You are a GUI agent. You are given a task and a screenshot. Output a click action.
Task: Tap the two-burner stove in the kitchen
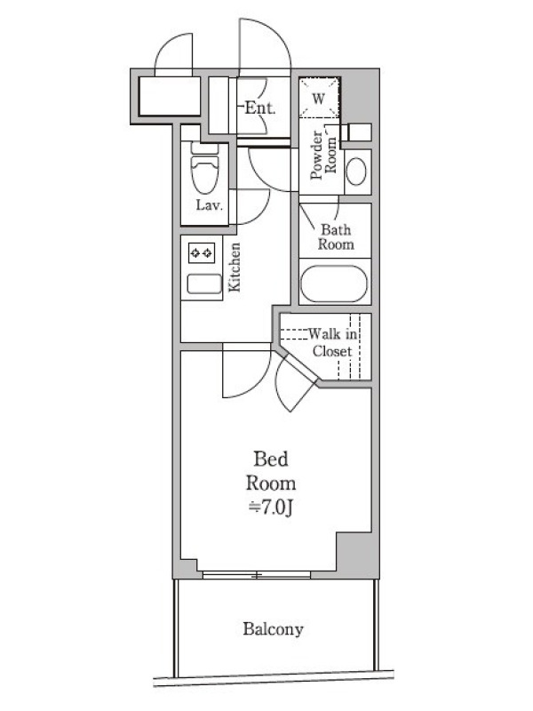(202, 253)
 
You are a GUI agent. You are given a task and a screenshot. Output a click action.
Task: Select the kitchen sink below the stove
(204, 284)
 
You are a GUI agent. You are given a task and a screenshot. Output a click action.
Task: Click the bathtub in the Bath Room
(334, 284)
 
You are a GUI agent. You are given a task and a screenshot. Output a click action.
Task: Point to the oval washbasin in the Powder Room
(356, 172)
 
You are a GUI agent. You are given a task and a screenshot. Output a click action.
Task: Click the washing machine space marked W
(319, 98)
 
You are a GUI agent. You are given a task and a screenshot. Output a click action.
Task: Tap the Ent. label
(260, 108)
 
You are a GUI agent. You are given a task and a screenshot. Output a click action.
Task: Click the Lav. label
(210, 205)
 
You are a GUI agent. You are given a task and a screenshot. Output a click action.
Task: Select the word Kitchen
(234, 268)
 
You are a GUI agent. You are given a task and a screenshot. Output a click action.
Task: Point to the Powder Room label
(323, 156)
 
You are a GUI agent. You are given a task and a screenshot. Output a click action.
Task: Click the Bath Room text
(336, 236)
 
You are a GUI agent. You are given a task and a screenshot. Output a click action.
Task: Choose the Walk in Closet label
(332, 343)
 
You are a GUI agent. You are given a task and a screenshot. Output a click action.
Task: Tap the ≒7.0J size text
(271, 507)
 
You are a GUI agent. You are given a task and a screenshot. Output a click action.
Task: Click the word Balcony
(273, 629)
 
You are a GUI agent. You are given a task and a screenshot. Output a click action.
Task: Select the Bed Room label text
(271, 471)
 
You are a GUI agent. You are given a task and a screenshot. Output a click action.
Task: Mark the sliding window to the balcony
(257, 575)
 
